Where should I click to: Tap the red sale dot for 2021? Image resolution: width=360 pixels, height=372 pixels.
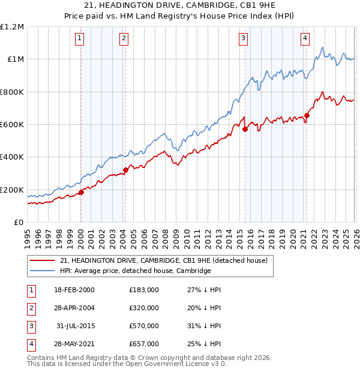click(x=307, y=115)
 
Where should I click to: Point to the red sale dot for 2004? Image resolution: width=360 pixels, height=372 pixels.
click(x=125, y=170)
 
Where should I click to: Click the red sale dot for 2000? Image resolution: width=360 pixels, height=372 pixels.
click(x=81, y=193)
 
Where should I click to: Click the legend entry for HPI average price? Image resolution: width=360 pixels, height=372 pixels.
click(x=136, y=271)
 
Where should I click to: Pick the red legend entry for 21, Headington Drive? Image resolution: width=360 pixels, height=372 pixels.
click(x=167, y=260)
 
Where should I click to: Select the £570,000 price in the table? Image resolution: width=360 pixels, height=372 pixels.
click(x=143, y=326)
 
